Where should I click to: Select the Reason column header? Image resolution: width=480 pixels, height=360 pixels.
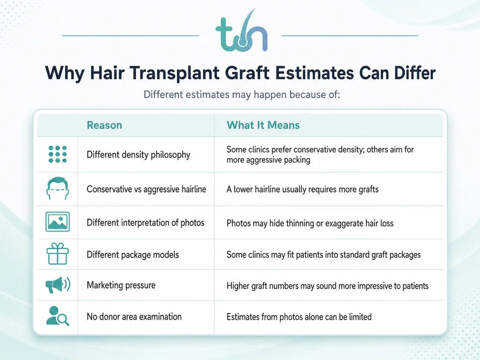tap(104, 125)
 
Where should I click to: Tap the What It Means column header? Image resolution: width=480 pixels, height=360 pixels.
tap(263, 125)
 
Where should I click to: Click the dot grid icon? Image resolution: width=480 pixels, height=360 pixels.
tap(57, 154)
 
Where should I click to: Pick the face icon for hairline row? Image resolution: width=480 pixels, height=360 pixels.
tap(57, 189)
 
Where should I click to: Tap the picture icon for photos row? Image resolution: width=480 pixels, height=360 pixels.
tap(57, 222)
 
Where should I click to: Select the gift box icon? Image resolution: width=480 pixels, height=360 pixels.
tap(57, 254)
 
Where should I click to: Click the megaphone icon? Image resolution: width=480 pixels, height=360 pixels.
tap(58, 285)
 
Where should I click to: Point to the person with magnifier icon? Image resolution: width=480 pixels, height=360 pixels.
tap(57, 316)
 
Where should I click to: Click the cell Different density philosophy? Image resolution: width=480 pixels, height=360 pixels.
tap(138, 155)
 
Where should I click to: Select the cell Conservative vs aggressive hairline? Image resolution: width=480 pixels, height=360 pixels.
tap(146, 189)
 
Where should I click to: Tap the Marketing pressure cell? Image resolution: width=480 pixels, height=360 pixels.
tap(121, 286)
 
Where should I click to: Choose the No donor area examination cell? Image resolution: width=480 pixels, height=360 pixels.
tap(134, 317)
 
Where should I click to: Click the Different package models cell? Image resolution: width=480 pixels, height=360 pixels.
tap(133, 254)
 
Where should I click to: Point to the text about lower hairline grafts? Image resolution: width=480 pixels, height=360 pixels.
tap(303, 190)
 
